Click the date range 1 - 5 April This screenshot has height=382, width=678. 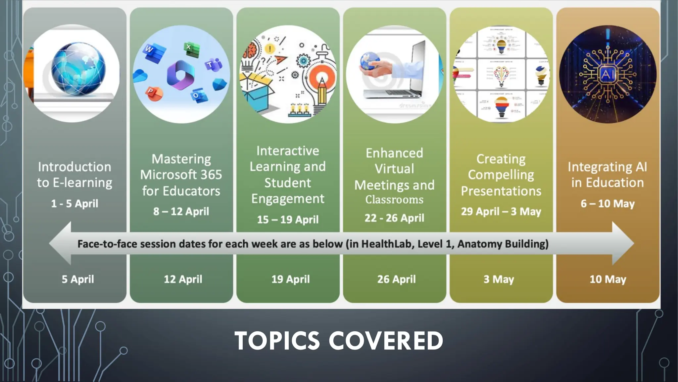74,203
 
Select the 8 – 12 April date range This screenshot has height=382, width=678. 181,211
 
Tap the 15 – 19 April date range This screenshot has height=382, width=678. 288,219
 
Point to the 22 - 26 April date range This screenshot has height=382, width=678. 394,218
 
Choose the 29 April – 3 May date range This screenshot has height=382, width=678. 501,211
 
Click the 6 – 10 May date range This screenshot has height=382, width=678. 607,203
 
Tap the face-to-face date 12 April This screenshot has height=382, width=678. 183,279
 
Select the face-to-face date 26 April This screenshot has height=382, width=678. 396,279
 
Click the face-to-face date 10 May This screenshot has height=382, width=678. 608,279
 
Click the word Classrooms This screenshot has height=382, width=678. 394,200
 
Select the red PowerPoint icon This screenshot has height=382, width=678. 154,94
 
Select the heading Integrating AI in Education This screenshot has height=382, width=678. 607,174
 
